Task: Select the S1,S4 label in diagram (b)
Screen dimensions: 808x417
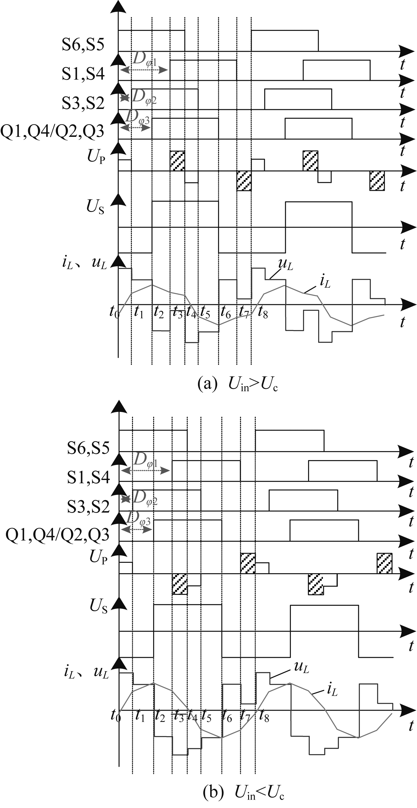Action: [88, 477]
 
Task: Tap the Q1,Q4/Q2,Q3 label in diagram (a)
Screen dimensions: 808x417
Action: [52, 132]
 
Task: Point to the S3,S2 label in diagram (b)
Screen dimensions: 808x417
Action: [88, 507]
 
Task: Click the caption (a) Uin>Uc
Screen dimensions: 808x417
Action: [238, 384]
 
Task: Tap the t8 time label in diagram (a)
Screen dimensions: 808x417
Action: [263, 312]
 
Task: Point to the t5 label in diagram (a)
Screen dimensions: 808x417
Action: [205, 312]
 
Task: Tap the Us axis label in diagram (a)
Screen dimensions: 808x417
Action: [95, 207]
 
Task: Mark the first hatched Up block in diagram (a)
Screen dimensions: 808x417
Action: [177, 161]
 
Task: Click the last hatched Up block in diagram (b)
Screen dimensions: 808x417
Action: [384, 563]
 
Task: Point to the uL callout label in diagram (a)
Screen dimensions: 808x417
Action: [285, 265]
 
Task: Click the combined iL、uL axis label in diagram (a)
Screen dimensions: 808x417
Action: [85, 263]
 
